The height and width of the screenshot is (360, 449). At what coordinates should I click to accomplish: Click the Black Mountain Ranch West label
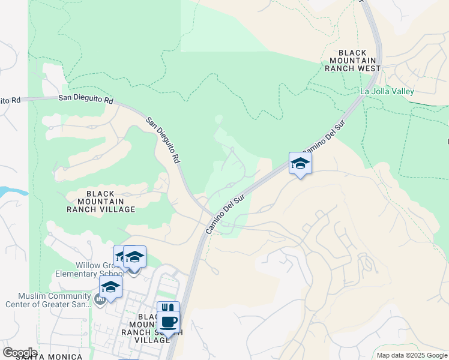click(352, 61)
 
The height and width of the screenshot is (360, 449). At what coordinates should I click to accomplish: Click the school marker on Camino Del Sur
click(300, 163)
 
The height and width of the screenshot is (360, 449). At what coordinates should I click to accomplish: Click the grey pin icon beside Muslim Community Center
click(100, 299)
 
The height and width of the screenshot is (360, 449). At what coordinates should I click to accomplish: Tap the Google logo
click(20, 352)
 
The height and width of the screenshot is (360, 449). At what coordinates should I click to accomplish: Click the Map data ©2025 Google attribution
click(412, 355)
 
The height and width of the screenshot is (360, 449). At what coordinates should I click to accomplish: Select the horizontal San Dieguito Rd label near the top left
click(86, 100)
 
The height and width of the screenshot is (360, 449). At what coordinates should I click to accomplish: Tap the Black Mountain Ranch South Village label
click(146, 328)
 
